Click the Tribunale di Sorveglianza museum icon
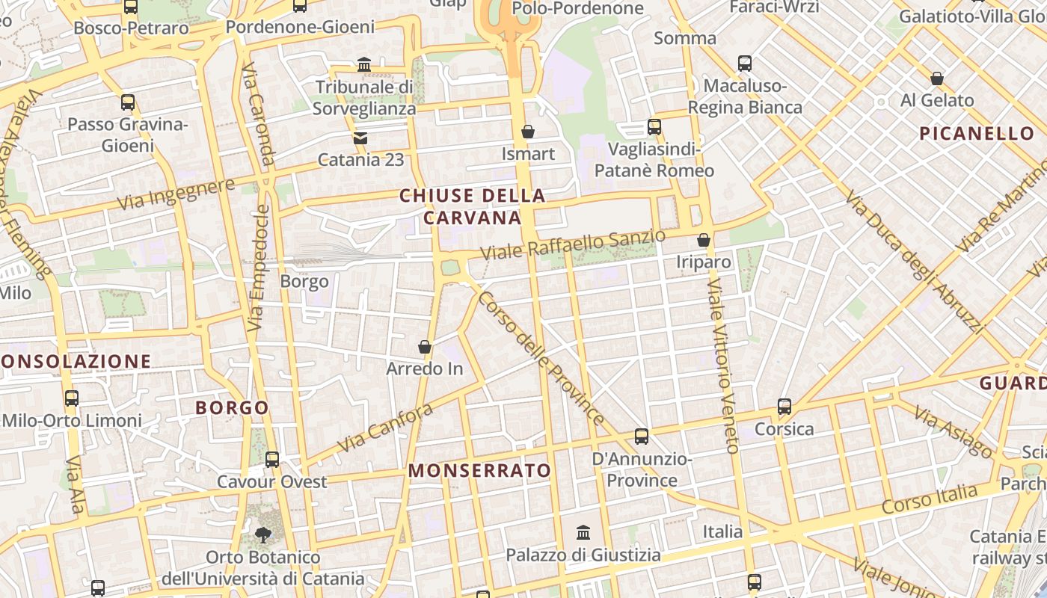point(364,65)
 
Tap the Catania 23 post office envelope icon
point(360,138)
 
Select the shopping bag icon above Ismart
point(528,132)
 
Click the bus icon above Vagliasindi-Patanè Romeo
point(654,126)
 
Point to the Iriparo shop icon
point(703,240)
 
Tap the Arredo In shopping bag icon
point(424,347)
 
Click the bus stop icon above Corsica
point(784,407)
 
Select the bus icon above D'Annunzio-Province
point(641,436)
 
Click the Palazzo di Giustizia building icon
point(583,533)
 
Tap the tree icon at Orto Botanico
point(262,534)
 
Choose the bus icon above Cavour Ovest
point(272,459)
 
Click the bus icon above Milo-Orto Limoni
point(72,398)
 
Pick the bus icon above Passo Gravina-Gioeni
point(128,102)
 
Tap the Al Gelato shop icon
point(936,78)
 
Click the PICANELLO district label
point(977,134)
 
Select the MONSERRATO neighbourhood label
point(480,471)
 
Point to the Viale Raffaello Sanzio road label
point(572,244)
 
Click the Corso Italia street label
point(930,499)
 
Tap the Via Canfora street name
point(385,428)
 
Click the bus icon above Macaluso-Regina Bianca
point(745,63)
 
